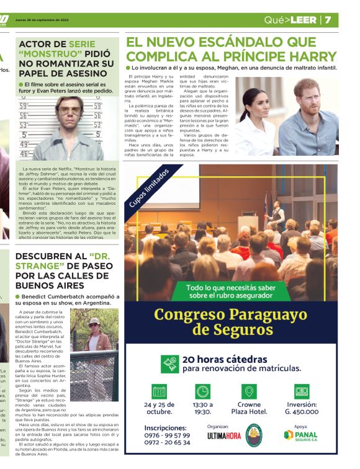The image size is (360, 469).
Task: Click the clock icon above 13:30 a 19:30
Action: (x=203, y=391)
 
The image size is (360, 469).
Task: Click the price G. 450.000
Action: (x=302, y=411)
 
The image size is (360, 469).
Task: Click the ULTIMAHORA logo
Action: (x=224, y=436)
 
